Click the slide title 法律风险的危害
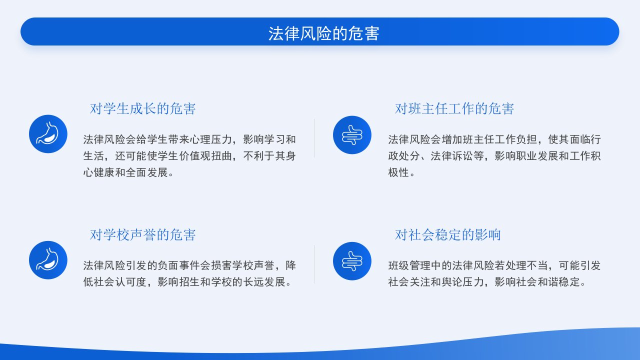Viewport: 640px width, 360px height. [x=323, y=33]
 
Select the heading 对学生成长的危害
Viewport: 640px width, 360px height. [x=142, y=109]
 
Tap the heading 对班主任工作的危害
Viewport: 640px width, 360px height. [x=454, y=109]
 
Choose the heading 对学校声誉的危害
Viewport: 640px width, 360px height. [x=142, y=235]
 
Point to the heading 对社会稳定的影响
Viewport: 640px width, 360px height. [x=447, y=235]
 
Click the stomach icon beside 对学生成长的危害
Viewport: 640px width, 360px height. [x=48, y=134]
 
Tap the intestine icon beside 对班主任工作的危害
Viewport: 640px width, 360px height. [x=352, y=135]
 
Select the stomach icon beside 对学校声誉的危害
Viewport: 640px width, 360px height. [x=48, y=260]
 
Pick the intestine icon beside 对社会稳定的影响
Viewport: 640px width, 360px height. [x=352, y=261]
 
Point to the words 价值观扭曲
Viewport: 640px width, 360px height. [x=205, y=156]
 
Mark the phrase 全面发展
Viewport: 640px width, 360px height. [x=147, y=172]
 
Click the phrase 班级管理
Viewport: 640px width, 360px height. [x=409, y=265]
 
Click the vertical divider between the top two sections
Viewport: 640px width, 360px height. [x=314, y=138]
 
